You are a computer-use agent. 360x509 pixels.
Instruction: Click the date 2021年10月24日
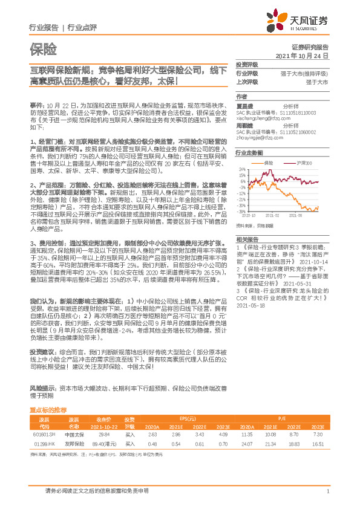click(301, 55)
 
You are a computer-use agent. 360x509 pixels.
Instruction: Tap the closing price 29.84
click(103, 433)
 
